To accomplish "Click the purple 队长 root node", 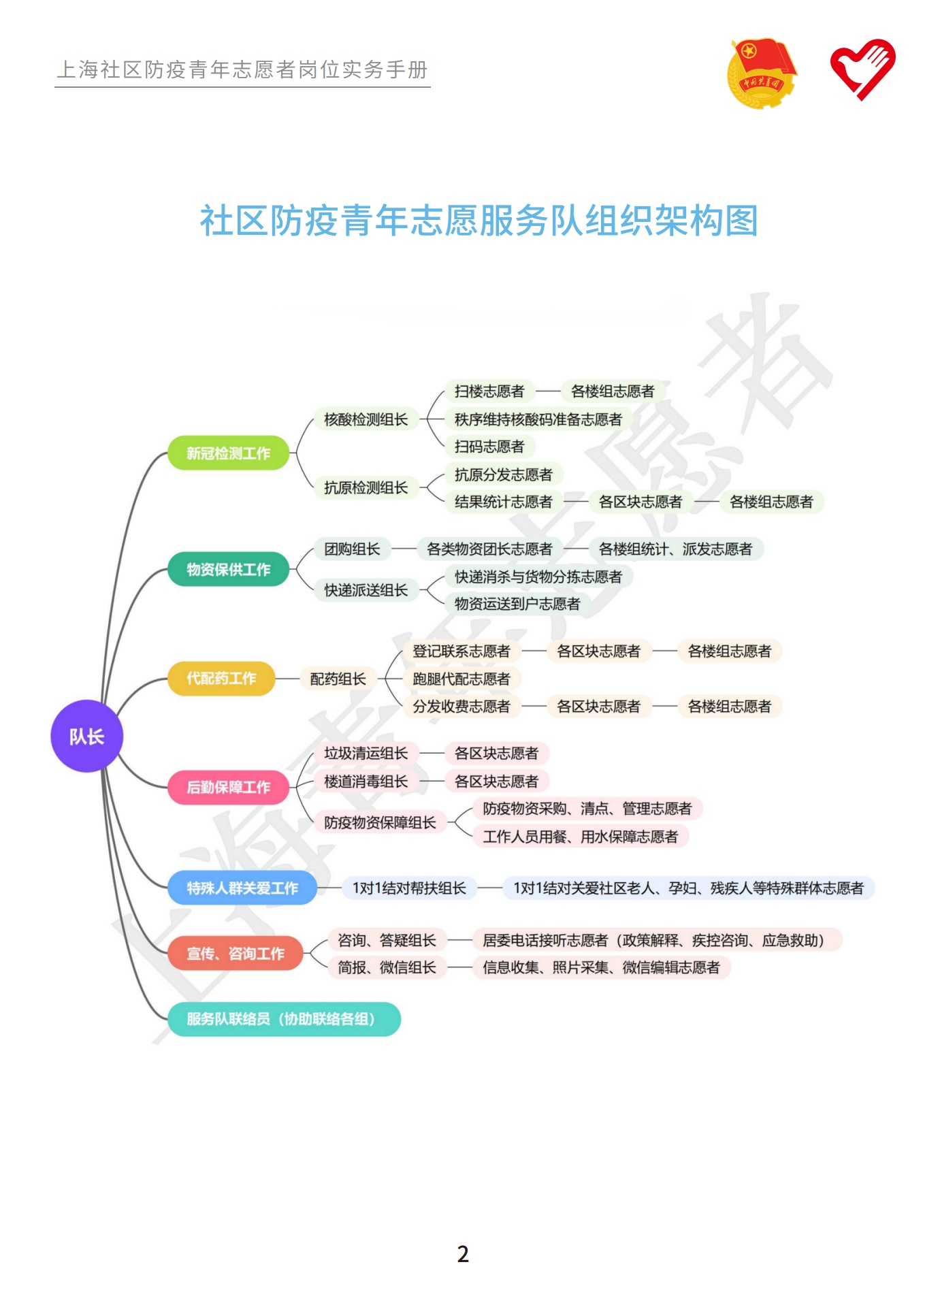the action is [x=86, y=736].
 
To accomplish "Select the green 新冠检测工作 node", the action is [x=228, y=453].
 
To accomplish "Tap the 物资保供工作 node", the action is [x=228, y=569].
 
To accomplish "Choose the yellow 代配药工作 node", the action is [x=221, y=678].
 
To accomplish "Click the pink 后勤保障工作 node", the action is [x=228, y=787].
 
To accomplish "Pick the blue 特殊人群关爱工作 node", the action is [x=242, y=888].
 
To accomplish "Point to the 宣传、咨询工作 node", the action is [x=235, y=954].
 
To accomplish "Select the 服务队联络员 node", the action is [x=283, y=1019].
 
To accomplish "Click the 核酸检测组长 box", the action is [x=366, y=419].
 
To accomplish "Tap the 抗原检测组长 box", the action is [x=366, y=487].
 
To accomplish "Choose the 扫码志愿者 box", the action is [x=489, y=447].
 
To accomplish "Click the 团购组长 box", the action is [x=352, y=549].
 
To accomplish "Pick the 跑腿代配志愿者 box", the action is [x=461, y=679].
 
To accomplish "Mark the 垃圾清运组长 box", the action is [x=366, y=753].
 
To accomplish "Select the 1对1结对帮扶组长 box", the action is [x=409, y=888].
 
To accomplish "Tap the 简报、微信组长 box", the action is [x=387, y=967].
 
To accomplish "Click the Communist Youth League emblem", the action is [x=761, y=74].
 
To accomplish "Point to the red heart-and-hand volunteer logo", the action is [x=862, y=69].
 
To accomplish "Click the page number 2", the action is [x=463, y=1254].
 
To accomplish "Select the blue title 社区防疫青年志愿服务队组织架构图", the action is [x=479, y=221].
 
